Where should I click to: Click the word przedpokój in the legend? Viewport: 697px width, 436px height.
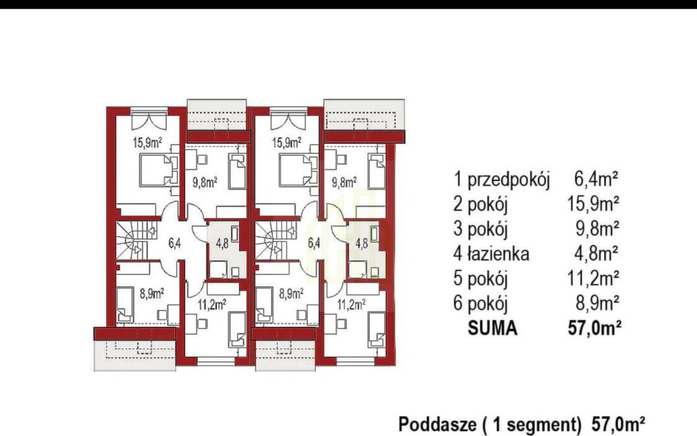(x=509, y=180)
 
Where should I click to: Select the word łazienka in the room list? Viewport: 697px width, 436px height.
(x=498, y=254)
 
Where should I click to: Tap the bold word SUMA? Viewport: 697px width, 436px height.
(x=492, y=328)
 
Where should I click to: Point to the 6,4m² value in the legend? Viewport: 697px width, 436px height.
(x=596, y=180)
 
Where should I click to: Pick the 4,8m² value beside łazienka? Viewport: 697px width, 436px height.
(x=596, y=253)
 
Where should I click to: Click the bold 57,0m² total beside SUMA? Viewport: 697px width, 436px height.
(x=594, y=328)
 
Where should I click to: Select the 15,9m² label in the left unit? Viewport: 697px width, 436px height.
(x=147, y=143)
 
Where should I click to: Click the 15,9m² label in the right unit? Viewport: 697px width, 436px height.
(x=286, y=143)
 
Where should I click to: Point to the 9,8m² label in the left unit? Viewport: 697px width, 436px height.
(x=205, y=182)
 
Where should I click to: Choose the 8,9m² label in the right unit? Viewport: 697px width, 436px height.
(x=292, y=293)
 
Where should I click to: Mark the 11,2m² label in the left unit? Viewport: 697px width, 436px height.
(x=212, y=304)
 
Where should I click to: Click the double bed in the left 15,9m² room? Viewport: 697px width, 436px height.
(x=156, y=170)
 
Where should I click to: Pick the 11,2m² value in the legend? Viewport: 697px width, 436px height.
(x=594, y=278)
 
